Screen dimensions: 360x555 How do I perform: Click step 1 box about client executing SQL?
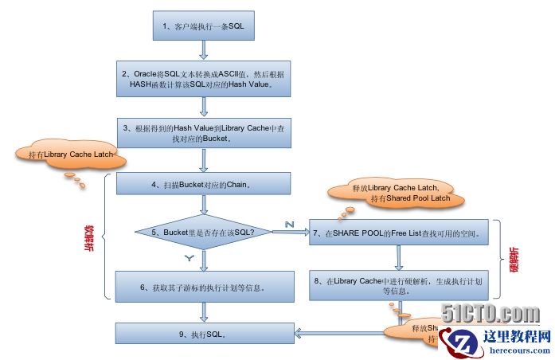pyautogui.click(x=203, y=27)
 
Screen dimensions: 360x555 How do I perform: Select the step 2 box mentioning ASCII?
pyautogui.click(x=203, y=78)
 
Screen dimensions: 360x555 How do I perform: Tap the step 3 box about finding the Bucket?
pyautogui.click(x=203, y=132)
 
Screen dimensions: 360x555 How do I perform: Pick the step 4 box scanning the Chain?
pyautogui.click(x=203, y=184)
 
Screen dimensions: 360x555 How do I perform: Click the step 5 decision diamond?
pyautogui.click(x=203, y=232)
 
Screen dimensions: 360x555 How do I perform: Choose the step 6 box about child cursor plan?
pyautogui.click(x=203, y=287)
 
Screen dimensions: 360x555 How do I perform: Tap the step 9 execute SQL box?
pyautogui.click(x=203, y=334)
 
